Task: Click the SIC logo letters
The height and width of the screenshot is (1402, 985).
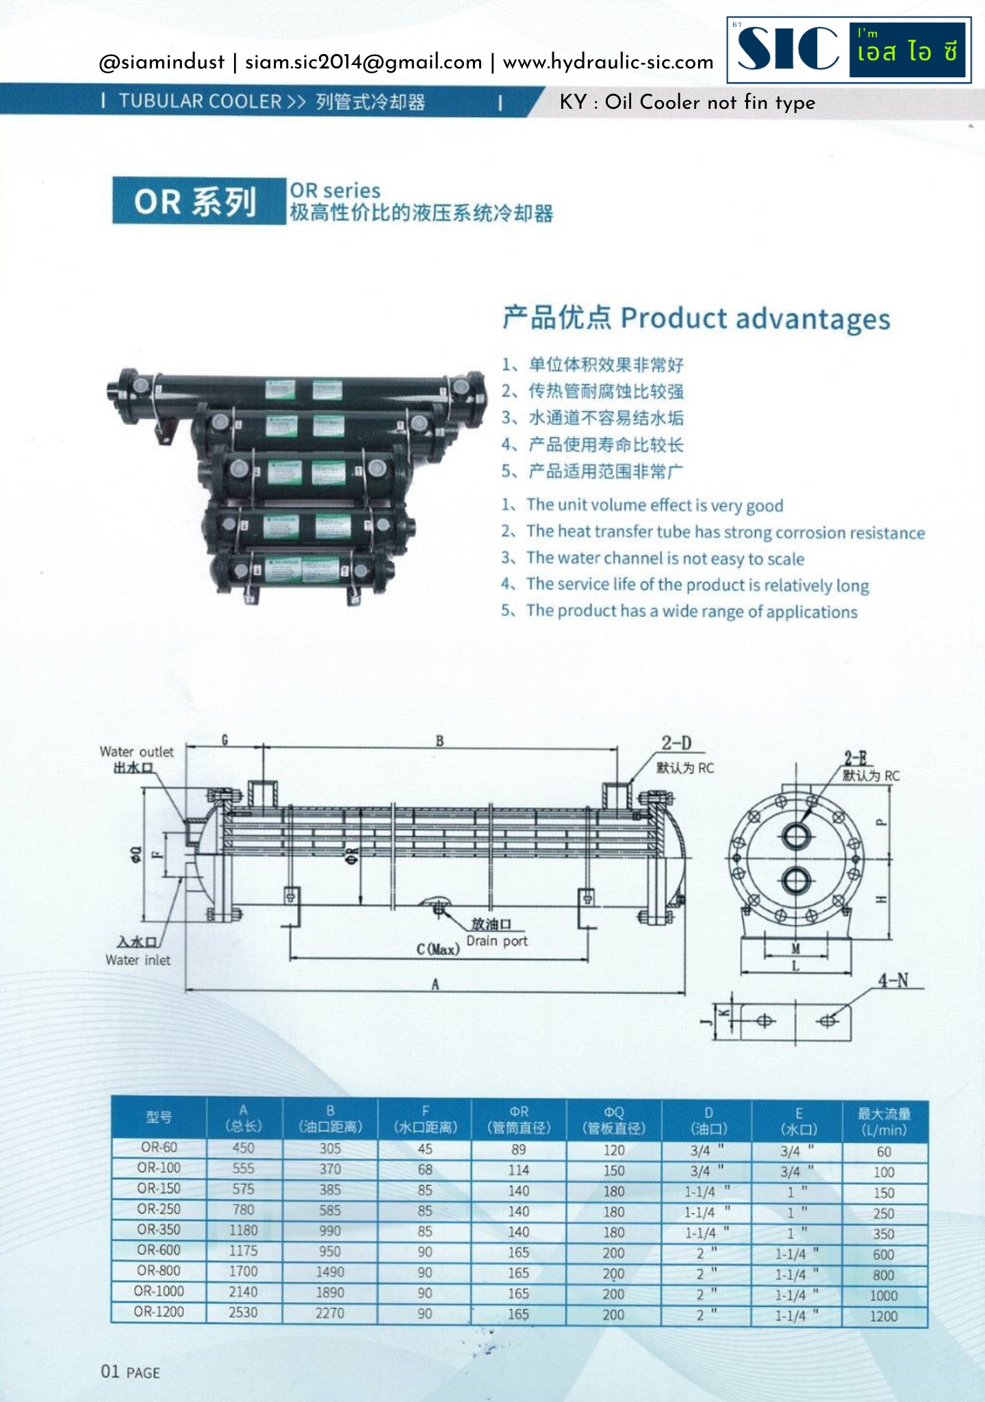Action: tap(788, 49)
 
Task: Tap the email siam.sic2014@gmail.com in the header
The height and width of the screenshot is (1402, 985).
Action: tap(363, 62)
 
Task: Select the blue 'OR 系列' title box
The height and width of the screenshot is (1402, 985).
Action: tap(198, 201)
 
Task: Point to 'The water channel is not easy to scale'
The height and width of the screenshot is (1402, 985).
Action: tap(665, 559)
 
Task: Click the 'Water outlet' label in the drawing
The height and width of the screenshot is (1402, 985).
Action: tap(136, 752)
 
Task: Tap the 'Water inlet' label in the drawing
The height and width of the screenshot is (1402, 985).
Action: tap(138, 960)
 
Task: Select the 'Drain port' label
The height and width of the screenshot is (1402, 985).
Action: tap(497, 941)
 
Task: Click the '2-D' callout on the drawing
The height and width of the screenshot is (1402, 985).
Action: tap(676, 743)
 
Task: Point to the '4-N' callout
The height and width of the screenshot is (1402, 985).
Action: tap(893, 980)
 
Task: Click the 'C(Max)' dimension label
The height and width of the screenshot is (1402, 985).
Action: tap(438, 949)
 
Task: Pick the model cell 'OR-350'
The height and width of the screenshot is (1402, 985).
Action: tap(159, 1229)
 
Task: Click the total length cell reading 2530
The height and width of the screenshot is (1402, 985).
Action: tap(243, 1312)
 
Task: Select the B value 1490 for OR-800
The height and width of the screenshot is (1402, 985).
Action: tap(330, 1271)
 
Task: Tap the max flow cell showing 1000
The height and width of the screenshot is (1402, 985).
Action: tap(883, 1295)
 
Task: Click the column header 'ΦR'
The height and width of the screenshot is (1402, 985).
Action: tap(519, 1112)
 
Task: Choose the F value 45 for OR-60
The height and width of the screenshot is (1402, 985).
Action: tap(424, 1149)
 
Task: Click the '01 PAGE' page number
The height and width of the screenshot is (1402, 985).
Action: tap(130, 1371)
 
